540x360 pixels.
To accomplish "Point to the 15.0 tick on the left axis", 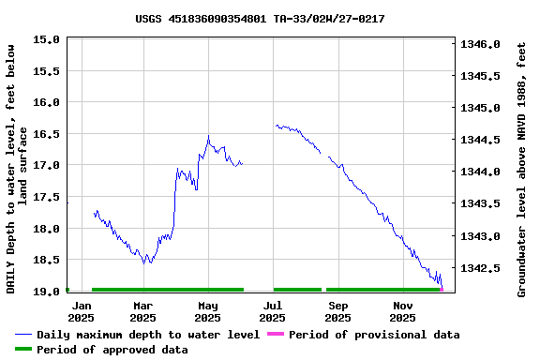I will coord(47,40).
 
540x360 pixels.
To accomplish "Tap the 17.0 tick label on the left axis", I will coord(47,166).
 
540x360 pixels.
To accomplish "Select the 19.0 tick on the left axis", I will coord(47,292).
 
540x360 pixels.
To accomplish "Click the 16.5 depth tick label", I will coord(47,134).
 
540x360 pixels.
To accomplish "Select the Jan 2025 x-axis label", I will coord(82,311).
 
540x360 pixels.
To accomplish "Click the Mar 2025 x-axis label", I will coord(143,311).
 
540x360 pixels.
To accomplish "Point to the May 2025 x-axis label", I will coord(208,311).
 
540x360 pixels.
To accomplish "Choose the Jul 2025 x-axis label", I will coord(273,311).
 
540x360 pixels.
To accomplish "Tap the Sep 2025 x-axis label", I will coord(338,311).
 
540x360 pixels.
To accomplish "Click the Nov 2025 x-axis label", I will coord(403,311).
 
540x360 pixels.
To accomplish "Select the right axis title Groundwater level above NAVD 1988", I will coord(522,167).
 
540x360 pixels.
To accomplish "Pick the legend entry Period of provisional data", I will coord(374,335).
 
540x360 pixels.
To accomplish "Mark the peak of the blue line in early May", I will coord(208,136).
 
